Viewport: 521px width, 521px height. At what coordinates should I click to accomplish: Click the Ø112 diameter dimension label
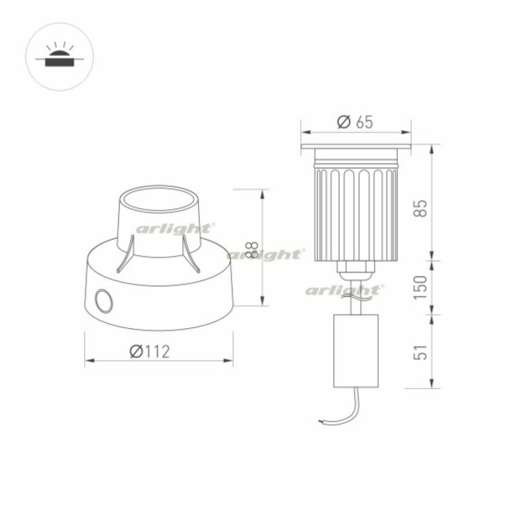click(150, 351)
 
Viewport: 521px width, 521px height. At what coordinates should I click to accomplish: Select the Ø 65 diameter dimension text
click(355, 122)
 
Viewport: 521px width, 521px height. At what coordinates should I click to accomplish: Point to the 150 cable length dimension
click(420, 287)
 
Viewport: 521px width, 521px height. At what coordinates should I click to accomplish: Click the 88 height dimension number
click(253, 250)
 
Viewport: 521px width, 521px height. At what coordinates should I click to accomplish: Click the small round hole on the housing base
click(104, 301)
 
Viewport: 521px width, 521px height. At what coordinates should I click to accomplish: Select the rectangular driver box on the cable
click(356, 350)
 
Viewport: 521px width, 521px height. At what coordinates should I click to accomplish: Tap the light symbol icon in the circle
click(59, 55)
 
